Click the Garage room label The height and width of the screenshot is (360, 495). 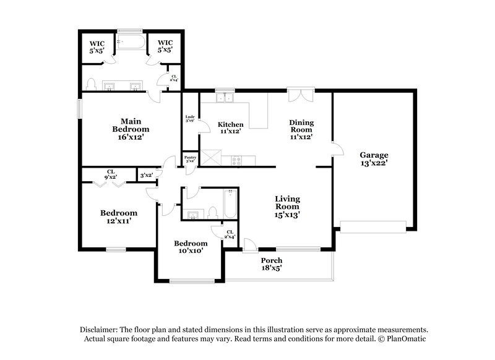[375, 159]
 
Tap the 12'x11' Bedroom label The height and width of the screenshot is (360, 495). [119, 216]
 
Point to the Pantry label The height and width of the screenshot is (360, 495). [190, 160]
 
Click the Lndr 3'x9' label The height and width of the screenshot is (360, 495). [190, 119]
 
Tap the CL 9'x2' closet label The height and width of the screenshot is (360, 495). [111, 174]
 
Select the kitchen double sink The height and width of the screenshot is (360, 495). [223, 97]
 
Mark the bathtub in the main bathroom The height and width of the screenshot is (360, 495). [131, 42]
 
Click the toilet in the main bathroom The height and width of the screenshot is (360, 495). [90, 84]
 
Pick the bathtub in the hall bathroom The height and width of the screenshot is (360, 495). [230, 205]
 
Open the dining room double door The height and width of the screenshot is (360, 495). [301, 96]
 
